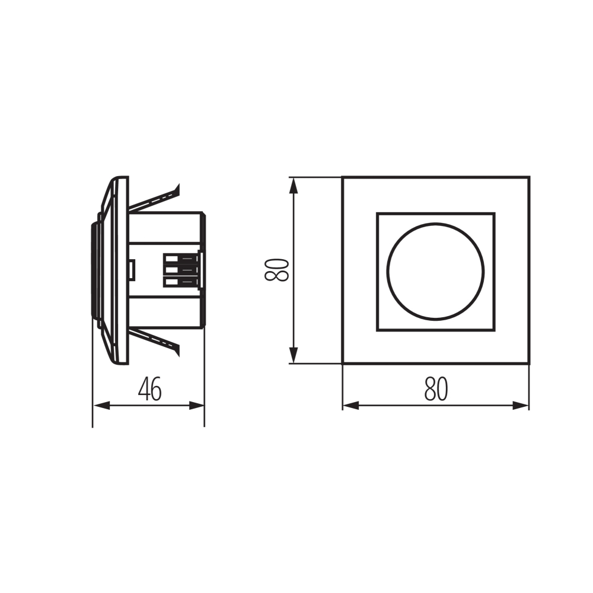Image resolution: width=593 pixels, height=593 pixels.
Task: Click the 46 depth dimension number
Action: coord(149,390)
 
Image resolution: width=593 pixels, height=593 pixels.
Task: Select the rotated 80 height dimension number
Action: coord(276,270)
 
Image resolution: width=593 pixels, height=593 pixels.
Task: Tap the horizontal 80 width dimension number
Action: coord(436,390)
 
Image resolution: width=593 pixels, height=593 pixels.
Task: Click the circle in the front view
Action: coord(436,271)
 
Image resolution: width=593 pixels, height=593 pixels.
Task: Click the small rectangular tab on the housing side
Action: coord(132,270)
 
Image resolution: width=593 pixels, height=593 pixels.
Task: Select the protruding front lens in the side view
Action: coord(95,270)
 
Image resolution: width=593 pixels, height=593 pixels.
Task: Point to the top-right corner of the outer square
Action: coord(528,177)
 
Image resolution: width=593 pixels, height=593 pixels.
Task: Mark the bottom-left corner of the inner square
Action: coord(377,330)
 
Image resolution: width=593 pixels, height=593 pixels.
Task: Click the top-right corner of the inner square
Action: coord(494,213)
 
